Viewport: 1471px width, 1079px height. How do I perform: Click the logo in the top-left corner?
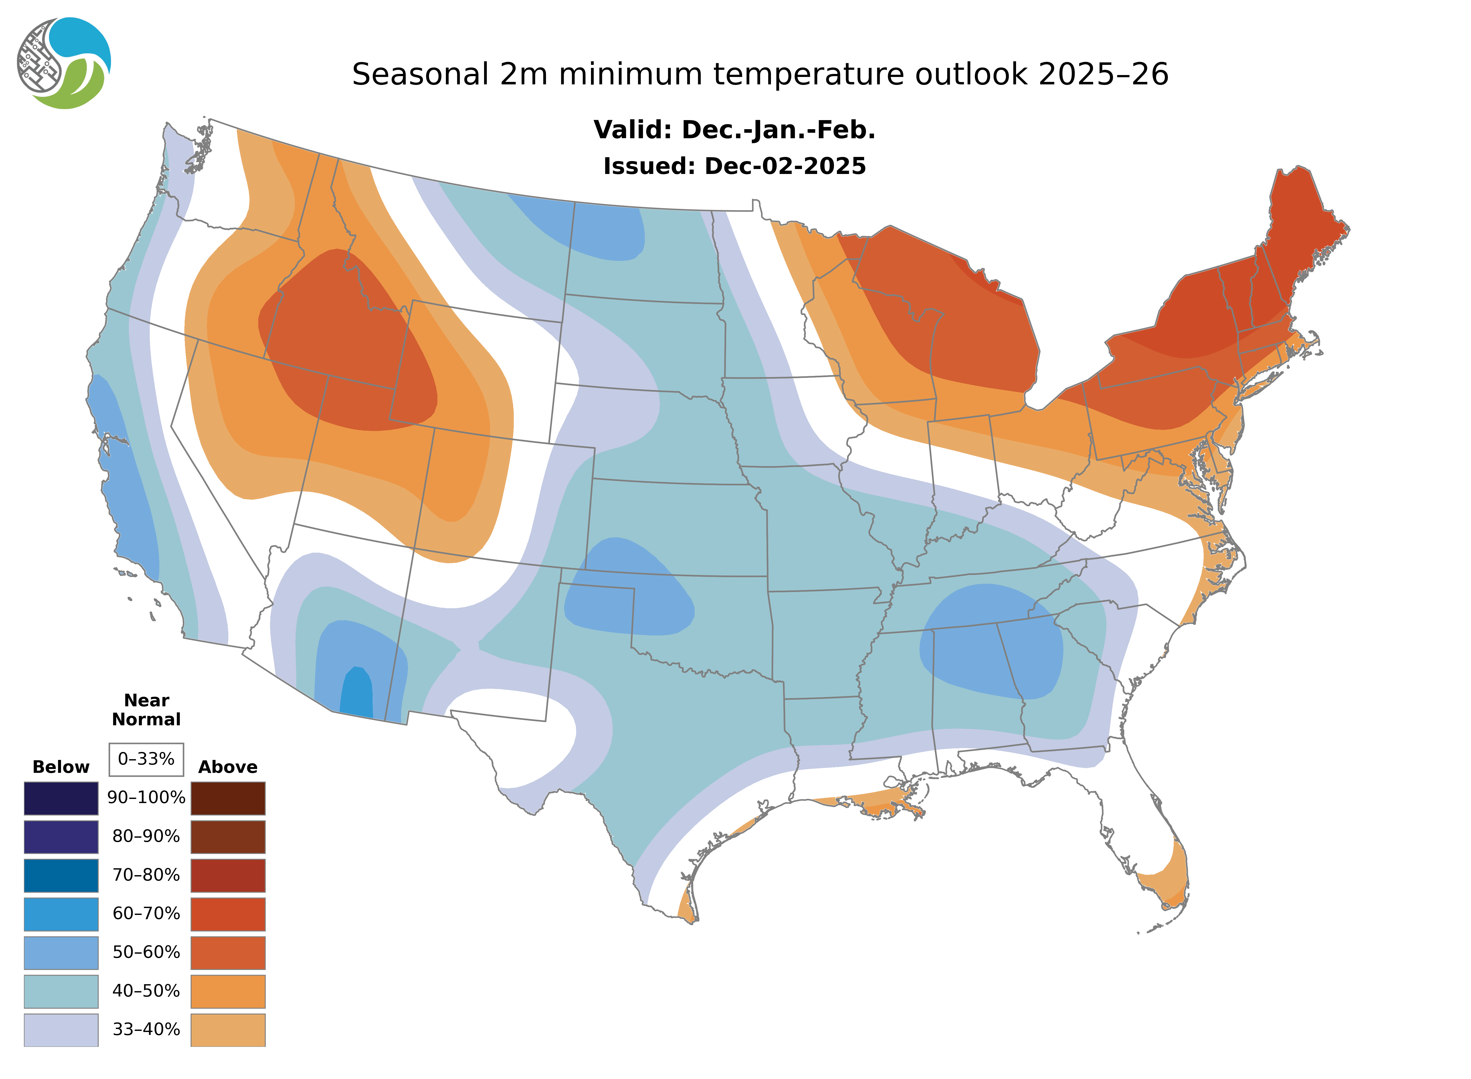coord(64,63)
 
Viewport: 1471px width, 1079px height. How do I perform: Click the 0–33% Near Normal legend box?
coord(146,759)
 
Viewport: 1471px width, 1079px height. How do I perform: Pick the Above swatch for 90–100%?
coord(228,798)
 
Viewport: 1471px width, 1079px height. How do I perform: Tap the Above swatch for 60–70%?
coord(228,914)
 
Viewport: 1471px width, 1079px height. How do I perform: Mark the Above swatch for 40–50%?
coord(228,991)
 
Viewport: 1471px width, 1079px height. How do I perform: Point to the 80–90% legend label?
coord(146,837)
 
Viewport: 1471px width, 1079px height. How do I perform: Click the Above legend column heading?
coord(228,767)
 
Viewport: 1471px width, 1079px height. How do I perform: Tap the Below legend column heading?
coord(61,767)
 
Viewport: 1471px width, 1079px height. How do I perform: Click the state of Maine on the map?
coord(1299,222)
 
